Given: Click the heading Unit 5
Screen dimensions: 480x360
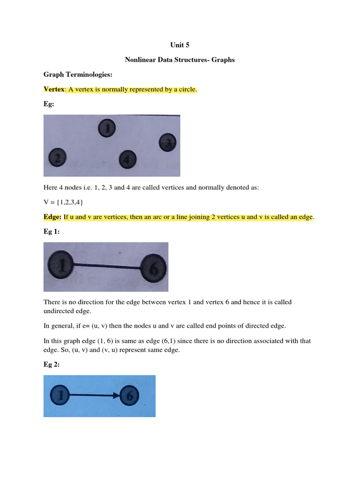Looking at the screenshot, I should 179,45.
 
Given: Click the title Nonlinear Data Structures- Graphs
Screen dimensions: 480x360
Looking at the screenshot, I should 179,60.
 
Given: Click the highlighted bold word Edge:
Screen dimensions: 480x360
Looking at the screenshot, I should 52,217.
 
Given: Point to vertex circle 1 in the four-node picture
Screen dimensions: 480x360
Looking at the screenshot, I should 107,128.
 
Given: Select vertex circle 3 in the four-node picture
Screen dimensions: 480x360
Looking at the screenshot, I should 168,142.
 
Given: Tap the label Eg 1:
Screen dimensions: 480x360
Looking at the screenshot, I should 52,232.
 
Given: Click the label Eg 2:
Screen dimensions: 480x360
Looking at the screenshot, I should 52,365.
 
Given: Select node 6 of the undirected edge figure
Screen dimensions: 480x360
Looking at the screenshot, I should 153,268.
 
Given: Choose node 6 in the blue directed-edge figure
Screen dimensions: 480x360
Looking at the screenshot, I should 130,396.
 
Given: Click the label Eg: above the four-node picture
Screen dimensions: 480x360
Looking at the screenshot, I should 49,105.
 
